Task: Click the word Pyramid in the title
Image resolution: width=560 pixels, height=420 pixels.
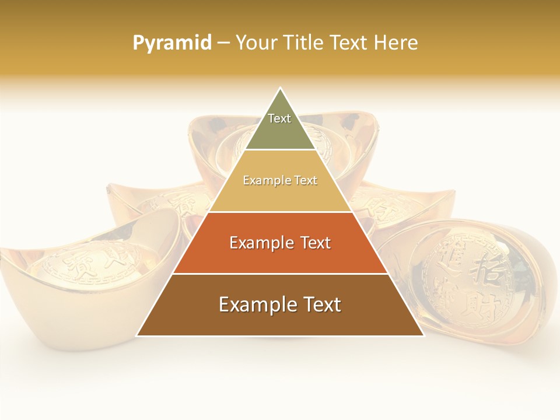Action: pos(172,43)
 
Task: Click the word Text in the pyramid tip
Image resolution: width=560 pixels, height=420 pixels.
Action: pos(279,118)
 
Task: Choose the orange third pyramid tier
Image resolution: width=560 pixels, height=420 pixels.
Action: pos(280,257)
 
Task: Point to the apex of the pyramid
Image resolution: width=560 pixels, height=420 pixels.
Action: pos(280,89)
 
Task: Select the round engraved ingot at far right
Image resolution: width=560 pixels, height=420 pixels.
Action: pos(473,280)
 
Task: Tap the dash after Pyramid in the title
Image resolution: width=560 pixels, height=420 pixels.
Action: pos(223,43)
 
